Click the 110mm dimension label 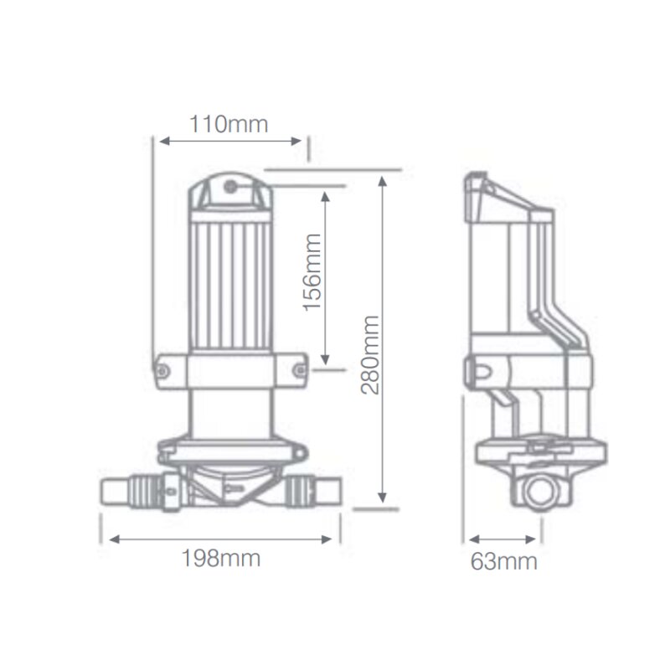[x=229, y=125]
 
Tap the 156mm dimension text [x=312, y=272]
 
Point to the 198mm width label [x=221, y=559]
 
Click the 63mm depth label [x=503, y=561]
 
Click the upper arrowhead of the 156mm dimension [x=326, y=192]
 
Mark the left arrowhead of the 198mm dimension [x=106, y=539]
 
